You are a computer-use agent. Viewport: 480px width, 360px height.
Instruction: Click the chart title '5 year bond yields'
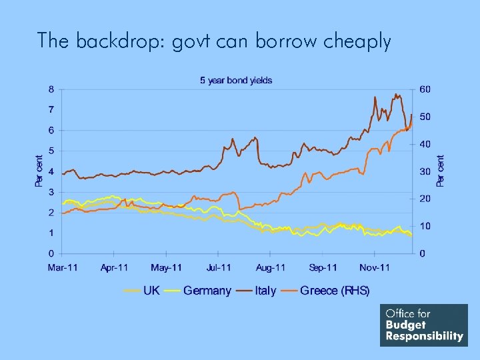click(x=236, y=81)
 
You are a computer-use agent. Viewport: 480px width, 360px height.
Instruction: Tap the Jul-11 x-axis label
click(x=218, y=268)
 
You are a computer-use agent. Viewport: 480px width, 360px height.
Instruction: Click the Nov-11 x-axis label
click(x=375, y=268)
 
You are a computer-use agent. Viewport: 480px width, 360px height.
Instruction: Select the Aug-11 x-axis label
click(x=271, y=268)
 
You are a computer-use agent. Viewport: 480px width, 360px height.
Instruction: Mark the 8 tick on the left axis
click(x=51, y=89)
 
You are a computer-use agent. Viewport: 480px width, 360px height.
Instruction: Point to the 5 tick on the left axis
click(x=51, y=151)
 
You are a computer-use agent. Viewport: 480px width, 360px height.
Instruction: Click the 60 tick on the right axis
click(x=425, y=89)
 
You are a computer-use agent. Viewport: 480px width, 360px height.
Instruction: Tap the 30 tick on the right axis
click(x=425, y=171)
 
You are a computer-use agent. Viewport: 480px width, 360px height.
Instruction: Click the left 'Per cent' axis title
click(x=39, y=171)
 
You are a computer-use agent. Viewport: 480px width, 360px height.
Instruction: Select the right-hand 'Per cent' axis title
click(x=440, y=171)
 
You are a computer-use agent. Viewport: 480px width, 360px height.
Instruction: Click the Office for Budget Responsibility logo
click(x=424, y=325)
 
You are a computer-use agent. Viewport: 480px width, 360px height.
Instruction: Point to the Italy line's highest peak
click(x=396, y=94)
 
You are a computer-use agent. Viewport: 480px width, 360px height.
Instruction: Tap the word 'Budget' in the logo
click(x=406, y=325)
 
